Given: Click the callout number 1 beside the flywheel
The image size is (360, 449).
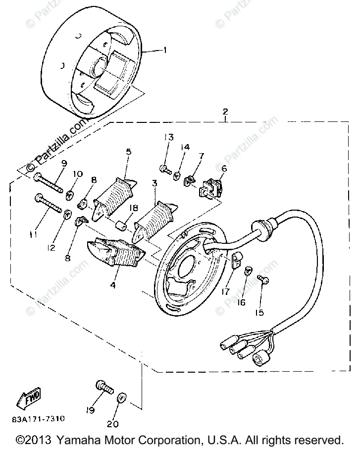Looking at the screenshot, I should pyautogui.click(x=166, y=50).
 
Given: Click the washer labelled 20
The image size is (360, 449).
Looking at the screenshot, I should pyautogui.click(x=122, y=399).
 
